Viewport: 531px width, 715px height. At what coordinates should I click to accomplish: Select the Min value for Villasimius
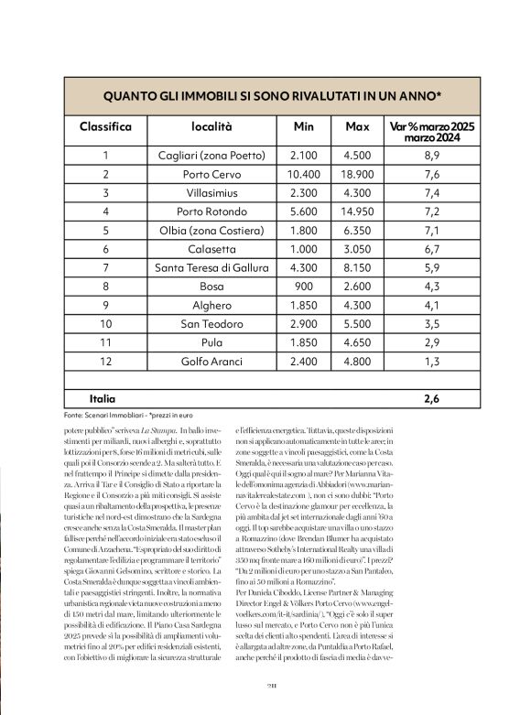[303, 192]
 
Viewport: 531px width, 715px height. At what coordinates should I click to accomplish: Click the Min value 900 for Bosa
[303, 286]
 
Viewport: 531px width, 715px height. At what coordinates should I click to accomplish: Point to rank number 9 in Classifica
[106, 304]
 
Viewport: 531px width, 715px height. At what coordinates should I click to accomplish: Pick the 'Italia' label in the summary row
[102, 398]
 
